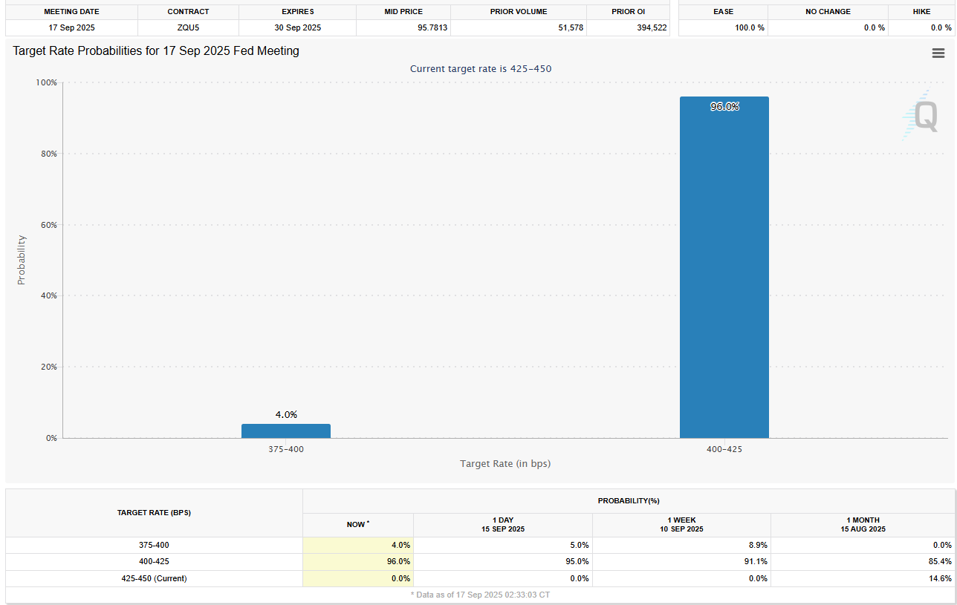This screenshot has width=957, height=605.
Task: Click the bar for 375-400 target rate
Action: point(286,431)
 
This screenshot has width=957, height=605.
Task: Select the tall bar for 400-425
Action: point(724,267)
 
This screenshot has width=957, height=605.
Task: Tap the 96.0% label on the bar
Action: point(724,106)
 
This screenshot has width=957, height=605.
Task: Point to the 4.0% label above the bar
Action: point(286,414)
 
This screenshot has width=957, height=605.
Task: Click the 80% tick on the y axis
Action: point(48,154)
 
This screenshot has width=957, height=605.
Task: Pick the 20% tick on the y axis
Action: point(48,367)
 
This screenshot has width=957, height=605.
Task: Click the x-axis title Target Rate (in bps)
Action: point(505,463)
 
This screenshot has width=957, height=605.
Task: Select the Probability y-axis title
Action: point(21,260)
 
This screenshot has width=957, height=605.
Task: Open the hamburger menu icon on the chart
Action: point(938,53)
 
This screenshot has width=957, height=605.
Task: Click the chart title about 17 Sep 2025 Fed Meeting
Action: point(156,51)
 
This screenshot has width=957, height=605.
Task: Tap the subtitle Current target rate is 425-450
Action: point(481,68)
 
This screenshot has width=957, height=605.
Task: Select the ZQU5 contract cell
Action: point(188,27)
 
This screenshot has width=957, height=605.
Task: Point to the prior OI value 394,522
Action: point(648,27)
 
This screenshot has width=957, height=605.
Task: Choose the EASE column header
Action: point(723,12)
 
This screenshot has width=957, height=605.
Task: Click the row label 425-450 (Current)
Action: point(154,578)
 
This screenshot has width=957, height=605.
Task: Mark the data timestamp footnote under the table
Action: point(480,595)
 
